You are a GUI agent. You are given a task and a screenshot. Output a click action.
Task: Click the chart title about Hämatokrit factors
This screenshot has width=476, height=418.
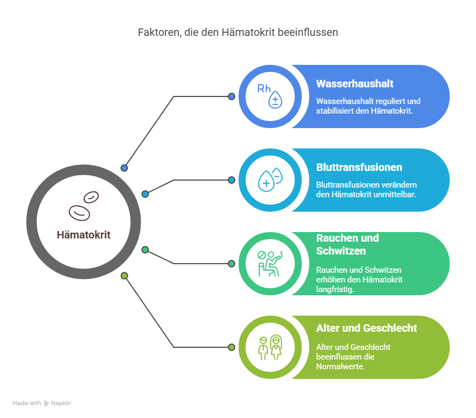click(237, 32)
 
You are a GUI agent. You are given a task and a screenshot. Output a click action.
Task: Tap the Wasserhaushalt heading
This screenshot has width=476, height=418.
click(354, 84)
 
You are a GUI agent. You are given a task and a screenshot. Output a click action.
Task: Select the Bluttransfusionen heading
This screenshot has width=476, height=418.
click(359, 167)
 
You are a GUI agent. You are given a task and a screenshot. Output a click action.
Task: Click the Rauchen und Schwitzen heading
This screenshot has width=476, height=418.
click(347, 244)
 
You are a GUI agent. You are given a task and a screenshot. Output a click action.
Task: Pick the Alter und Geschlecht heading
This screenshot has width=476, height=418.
click(367, 328)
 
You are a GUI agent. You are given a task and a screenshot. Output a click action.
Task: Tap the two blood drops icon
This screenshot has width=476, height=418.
click(270, 180)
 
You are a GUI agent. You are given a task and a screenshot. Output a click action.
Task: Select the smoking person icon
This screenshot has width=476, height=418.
click(270, 264)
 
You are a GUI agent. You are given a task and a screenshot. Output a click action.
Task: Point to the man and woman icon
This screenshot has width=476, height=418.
click(270, 347)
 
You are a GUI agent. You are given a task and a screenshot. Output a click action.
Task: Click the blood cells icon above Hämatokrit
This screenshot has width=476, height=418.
click(84, 206)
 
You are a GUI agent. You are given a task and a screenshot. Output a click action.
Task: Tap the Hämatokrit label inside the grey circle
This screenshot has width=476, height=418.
click(84, 235)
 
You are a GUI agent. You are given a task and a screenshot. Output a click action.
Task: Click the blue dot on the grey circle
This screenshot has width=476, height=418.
click(124, 168)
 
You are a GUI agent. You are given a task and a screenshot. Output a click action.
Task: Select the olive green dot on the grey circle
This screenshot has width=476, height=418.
click(124, 275)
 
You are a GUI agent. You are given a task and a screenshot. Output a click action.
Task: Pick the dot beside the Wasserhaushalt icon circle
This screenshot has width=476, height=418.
click(232, 96)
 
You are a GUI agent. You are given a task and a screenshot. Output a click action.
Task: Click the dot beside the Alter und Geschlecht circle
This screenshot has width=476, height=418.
click(232, 347)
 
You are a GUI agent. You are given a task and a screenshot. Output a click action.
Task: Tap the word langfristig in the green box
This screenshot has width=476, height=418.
click(335, 289)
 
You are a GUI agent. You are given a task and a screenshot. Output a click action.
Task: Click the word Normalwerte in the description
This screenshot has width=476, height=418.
click(340, 367)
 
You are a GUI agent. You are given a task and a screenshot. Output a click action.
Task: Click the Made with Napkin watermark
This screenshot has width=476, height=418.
click(42, 403)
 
